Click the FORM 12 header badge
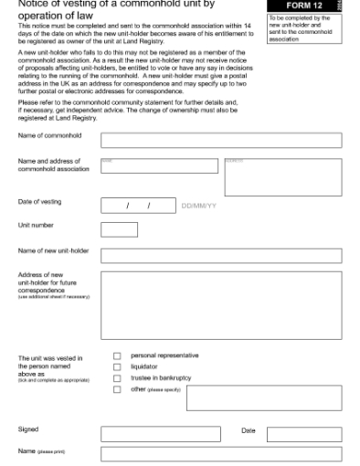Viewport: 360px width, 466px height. point(303,5)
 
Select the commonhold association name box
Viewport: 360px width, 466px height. point(159,175)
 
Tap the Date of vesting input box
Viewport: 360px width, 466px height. point(136,206)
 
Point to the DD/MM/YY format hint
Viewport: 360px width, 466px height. point(199,207)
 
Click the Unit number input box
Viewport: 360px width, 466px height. point(119,228)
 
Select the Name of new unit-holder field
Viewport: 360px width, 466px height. point(220,255)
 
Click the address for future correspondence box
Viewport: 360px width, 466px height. point(220,305)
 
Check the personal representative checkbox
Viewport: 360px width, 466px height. point(117,355)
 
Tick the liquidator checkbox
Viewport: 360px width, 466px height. point(117,366)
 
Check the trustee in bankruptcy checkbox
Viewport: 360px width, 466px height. point(117,377)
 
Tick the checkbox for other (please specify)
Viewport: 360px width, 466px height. point(117,389)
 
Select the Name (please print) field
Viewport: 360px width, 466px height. point(220,454)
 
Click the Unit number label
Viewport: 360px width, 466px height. point(36,225)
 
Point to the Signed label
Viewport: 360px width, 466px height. point(28,429)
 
